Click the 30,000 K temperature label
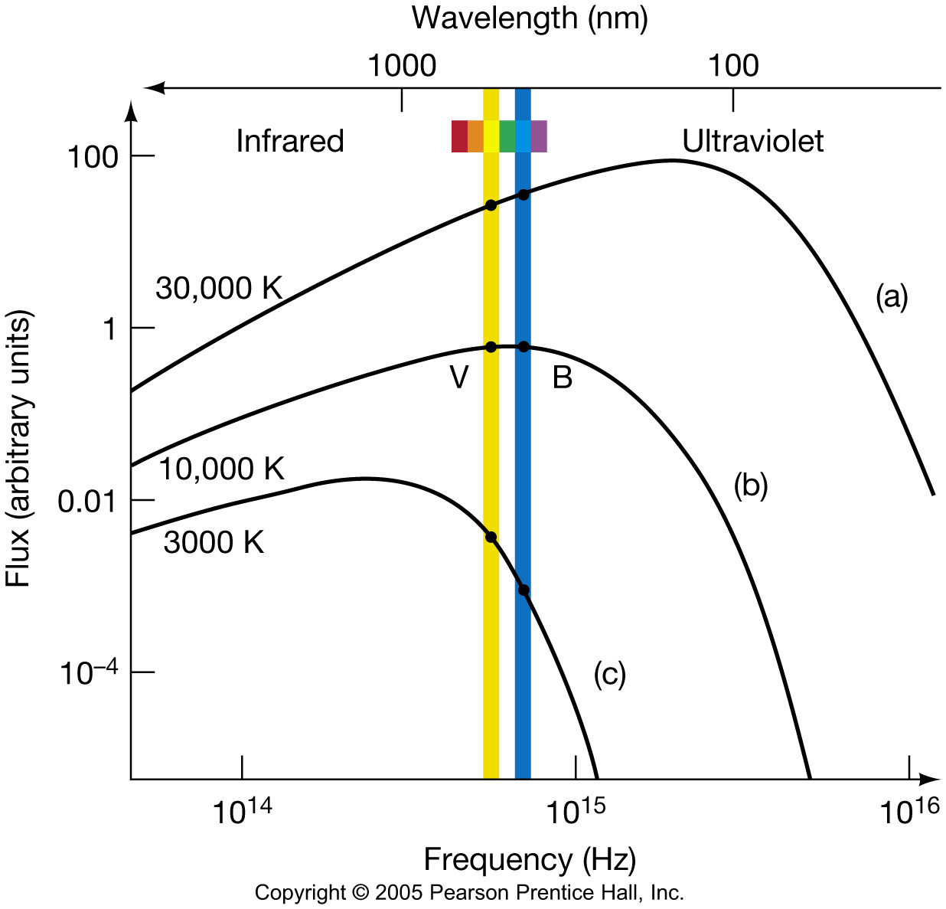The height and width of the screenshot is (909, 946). pos(219,289)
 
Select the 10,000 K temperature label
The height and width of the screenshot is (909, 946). pos(221,469)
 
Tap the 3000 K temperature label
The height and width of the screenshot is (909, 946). pos(214,542)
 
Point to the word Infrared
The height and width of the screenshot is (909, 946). pos(290,141)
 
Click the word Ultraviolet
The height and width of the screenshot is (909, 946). pos(752,141)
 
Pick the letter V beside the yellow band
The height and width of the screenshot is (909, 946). pos(458,378)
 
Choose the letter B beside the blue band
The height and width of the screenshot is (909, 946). pos(563,378)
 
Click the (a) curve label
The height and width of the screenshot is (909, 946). pos(892,296)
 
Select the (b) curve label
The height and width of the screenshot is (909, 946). pos(750,486)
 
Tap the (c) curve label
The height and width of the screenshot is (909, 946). pos(609,674)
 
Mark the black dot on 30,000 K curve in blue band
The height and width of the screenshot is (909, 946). pos(523,195)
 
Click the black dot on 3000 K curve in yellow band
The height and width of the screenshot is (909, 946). pos(491,537)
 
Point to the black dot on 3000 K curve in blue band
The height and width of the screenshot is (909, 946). pos(524,590)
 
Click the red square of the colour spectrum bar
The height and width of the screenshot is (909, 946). pos(459,136)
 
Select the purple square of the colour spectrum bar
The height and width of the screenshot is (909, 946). pos(539,136)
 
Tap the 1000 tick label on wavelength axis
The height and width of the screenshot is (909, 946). pos(402,66)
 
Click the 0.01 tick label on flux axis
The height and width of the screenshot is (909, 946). pos(88,502)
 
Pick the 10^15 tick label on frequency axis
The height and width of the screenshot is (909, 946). pos(573,811)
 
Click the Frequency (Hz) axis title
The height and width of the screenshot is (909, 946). pos(530,860)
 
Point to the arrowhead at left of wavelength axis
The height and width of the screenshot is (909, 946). pos(153,87)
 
